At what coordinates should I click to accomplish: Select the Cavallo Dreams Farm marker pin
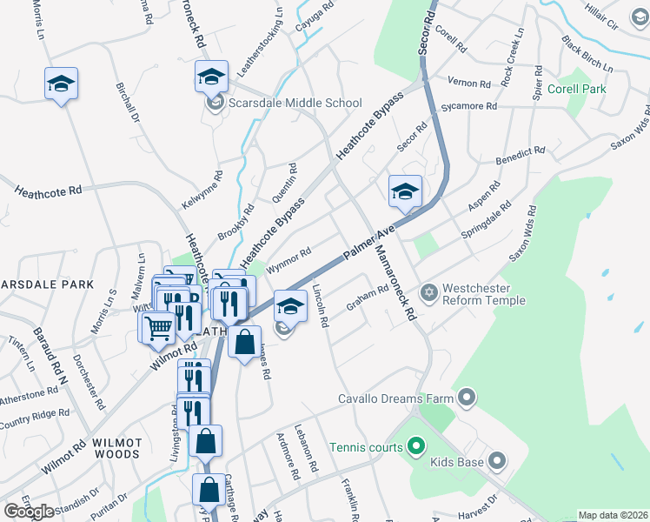point(467,399)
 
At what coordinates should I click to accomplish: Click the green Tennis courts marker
point(415,447)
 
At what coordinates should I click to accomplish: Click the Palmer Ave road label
point(369,244)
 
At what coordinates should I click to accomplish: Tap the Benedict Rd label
point(520,157)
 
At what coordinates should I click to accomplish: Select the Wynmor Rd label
point(289,260)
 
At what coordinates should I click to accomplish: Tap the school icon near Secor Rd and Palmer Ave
point(404,191)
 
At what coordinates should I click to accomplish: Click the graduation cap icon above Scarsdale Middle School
point(211,77)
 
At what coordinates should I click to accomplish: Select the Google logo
point(29,512)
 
